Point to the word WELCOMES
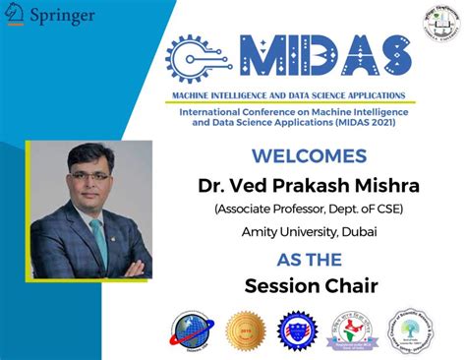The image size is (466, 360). point(308,155)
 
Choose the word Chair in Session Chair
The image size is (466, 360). point(341,286)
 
